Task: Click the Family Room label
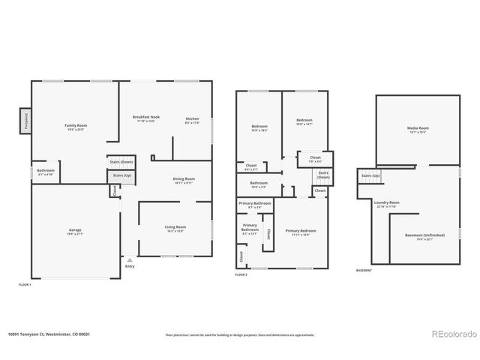point(76,127)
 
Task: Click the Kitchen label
point(192,120)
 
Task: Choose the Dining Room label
point(184,180)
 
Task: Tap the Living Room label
point(175,229)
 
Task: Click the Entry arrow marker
point(130,259)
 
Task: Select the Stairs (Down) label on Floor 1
point(121,162)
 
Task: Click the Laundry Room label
point(386,203)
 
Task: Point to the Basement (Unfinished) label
point(424,237)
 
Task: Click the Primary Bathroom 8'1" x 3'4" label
point(255,205)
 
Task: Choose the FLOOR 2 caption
point(241,275)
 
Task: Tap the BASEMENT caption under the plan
point(364,270)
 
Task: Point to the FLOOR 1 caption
point(25,285)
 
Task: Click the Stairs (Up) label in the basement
point(370,176)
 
